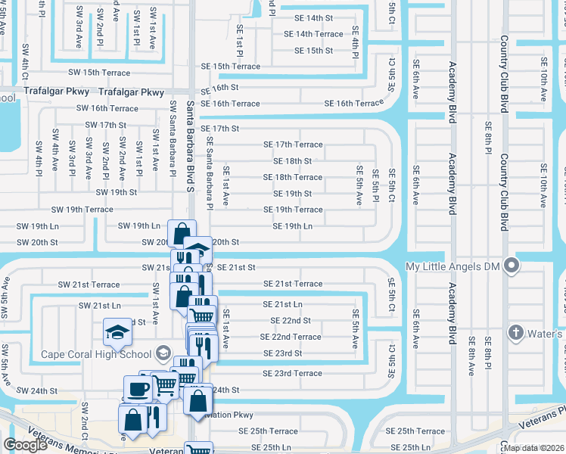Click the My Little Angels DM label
coord(454,266)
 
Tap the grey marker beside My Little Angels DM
coord(512,266)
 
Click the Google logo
coord(25,445)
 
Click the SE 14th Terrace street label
coord(313,34)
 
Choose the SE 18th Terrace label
coord(292,177)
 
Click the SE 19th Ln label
coord(293,226)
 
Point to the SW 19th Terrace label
coord(82,210)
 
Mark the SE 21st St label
coord(236,267)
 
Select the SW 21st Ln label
coord(100,305)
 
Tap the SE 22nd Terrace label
coord(291,337)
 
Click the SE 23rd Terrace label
coord(292,373)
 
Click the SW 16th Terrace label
coord(107,108)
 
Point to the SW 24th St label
coord(38,390)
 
